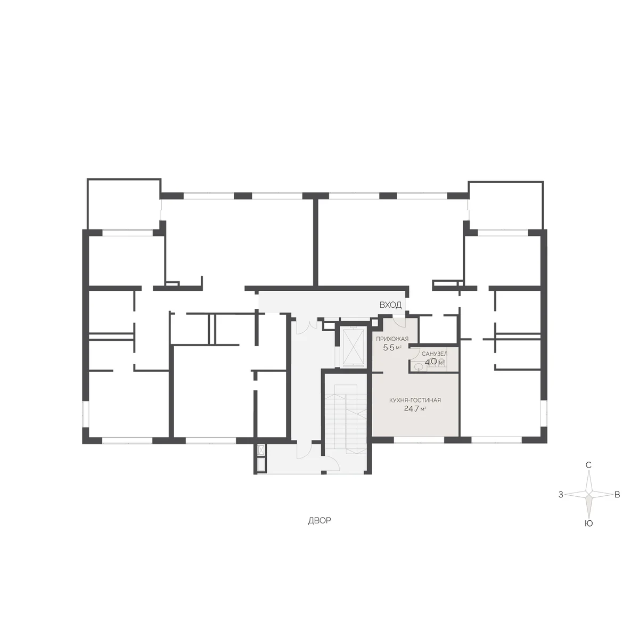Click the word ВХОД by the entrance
coord(390,305)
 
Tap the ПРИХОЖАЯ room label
coord(392,339)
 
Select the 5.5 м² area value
coord(392,348)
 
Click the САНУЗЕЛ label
coord(435,354)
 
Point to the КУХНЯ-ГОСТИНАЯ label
coord(415,400)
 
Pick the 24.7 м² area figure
coord(415,408)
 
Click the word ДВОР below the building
coord(319,521)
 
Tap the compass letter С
coord(588,465)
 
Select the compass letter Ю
coord(588,523)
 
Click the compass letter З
coord(561,495)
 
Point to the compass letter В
coord(617,495)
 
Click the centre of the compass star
coord(588,494)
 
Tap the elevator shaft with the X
coord(353,348)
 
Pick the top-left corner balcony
coord(124,204)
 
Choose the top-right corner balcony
coord(505,205)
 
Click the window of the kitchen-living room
coord(419,440)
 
